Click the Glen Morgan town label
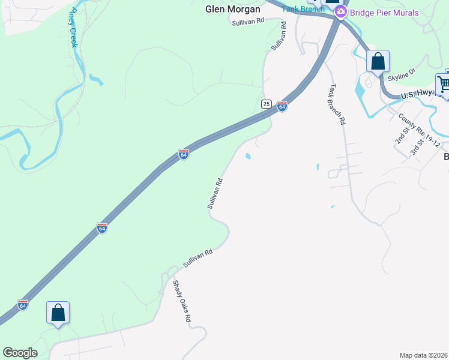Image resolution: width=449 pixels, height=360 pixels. pos(233,9)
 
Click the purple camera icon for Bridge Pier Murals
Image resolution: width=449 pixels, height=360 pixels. pos(341,12)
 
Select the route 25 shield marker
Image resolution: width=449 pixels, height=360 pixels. pos(267,104)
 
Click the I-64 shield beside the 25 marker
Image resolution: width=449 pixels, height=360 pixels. pos(282,107)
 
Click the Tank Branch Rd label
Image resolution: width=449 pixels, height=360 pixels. pos(337,103)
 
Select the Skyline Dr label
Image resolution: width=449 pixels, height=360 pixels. pos(402,74)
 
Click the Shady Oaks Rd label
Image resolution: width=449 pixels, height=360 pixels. pos(181,301)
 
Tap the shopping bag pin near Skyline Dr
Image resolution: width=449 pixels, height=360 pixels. pos(378,61)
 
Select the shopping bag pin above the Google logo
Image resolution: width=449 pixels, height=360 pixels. pos(58,313)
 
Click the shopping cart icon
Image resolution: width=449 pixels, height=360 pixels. pos(444,83)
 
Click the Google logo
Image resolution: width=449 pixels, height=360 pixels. pos(20,353)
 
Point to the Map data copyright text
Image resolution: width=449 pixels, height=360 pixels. pos(423,355)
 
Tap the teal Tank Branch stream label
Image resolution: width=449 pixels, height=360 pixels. pos(304,9)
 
